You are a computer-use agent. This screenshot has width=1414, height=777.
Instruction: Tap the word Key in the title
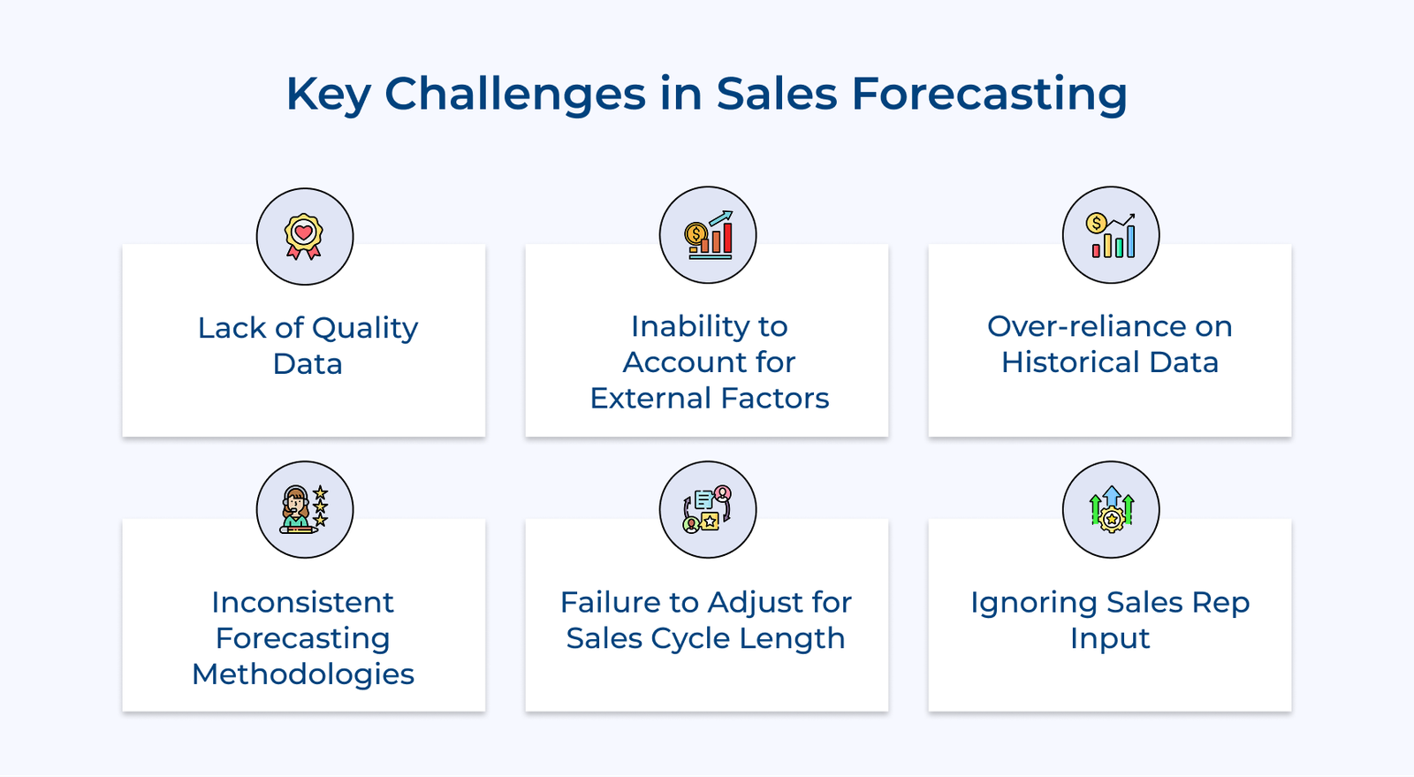point(328,94)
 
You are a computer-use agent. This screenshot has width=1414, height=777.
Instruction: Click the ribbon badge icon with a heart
point(304,237)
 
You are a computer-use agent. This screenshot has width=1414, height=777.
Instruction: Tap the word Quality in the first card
point(364,328)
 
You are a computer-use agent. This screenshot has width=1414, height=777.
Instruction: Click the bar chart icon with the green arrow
point(708,235)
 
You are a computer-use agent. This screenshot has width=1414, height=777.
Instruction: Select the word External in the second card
point(649,399)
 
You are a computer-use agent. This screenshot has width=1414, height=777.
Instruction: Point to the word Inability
point(673,326)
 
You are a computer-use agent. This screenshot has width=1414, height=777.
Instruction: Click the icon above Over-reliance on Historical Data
point(1111,235)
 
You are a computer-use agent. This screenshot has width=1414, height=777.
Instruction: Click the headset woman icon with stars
point(304,510)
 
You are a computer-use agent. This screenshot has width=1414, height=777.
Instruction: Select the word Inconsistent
point(302,603)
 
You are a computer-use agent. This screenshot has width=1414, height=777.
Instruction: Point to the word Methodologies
point(302,674)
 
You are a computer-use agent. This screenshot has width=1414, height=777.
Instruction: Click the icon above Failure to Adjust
point(708,510)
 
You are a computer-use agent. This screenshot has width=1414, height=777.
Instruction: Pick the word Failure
point(610,603)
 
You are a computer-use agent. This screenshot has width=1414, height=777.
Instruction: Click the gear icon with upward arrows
point(1111,510)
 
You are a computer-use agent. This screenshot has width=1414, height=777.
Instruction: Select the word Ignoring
point(1033,603)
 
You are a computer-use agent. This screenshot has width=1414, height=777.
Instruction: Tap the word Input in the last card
point(1109,638)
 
